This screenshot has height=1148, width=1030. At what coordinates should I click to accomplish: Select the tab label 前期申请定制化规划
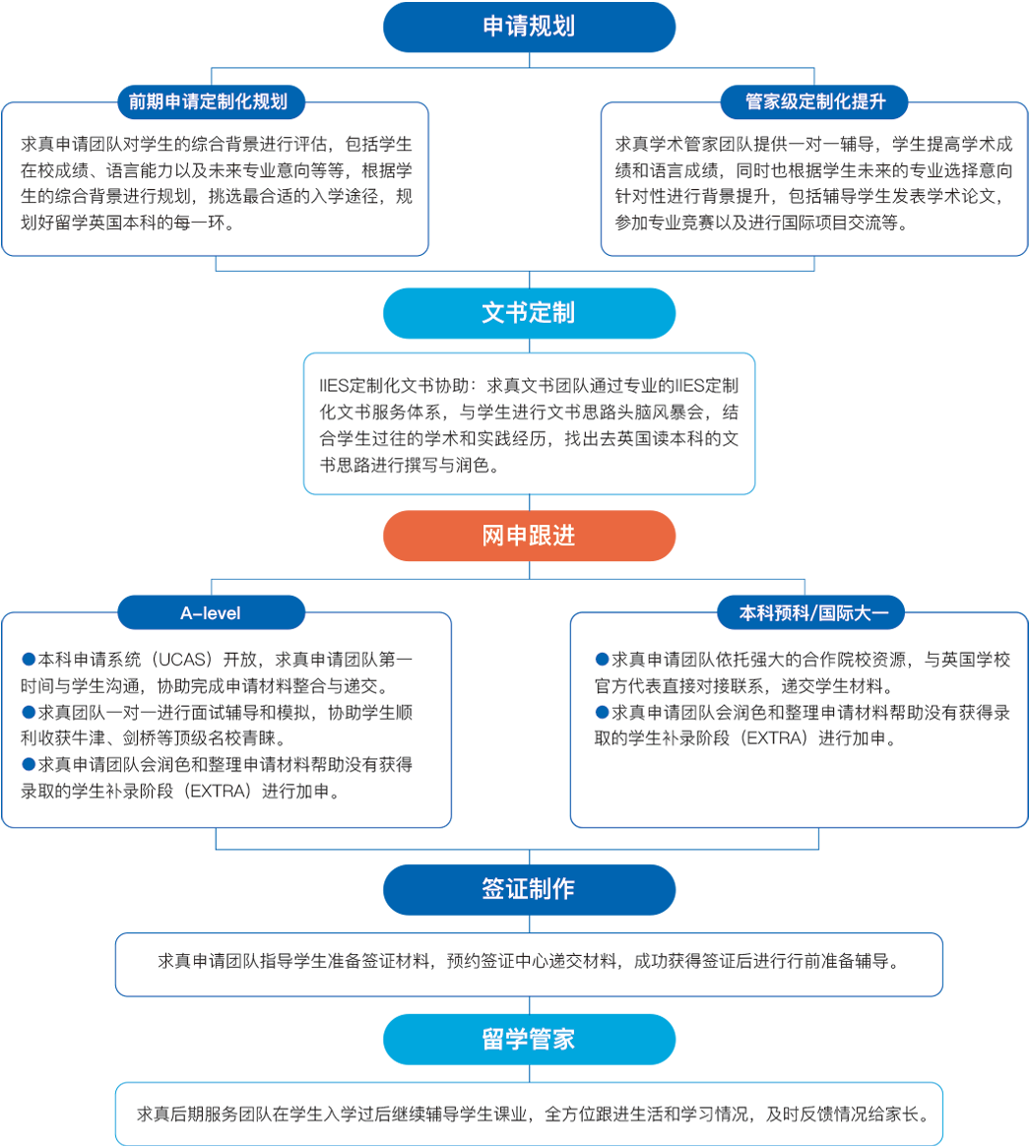pos(208,101)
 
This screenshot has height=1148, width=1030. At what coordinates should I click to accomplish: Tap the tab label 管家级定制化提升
pos(815,101)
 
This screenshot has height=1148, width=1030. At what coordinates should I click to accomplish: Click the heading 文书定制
pos(529,313)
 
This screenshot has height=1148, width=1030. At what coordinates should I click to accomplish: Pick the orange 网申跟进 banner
pos(529,536)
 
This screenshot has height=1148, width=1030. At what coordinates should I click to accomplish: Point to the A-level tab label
pos(210,613)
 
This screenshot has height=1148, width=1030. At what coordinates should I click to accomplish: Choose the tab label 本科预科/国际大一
pos(814,613)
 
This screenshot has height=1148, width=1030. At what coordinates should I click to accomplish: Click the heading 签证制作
pos(529,889)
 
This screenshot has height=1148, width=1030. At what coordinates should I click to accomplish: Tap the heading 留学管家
pos(529,1040)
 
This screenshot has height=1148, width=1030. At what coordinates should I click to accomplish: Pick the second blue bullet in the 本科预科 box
pos(602,712)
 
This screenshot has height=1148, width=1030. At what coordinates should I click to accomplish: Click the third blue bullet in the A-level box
pos(28,764)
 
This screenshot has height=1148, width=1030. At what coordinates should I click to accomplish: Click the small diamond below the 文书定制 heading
pos(530,345)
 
